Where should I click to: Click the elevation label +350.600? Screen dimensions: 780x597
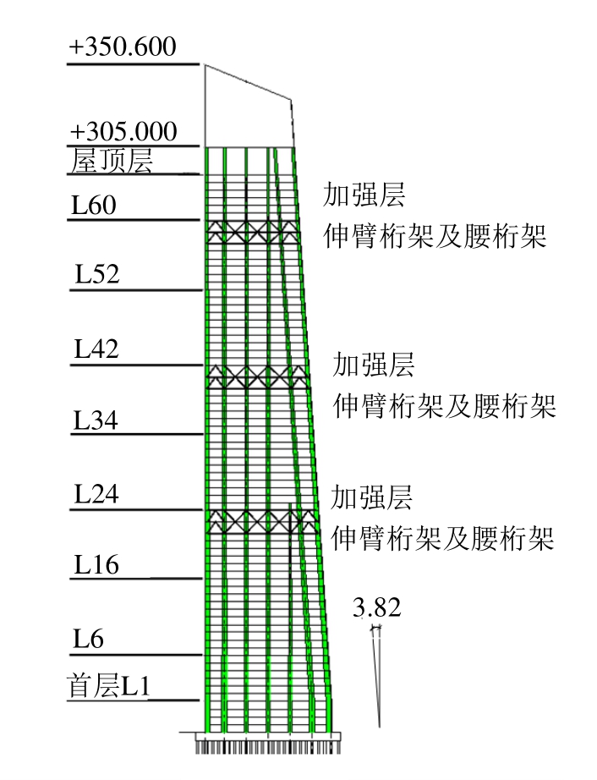pos(123,47)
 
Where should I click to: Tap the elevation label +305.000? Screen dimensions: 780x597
pos(123,133)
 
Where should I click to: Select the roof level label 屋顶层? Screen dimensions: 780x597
pos(112,161)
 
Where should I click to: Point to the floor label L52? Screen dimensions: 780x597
pos(96,275)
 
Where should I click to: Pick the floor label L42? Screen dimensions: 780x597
pos(96,349)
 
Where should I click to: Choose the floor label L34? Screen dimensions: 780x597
pos(96,420)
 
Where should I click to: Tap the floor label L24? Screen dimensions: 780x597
pos(96,495)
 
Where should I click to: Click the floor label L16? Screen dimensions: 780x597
pos(96,564)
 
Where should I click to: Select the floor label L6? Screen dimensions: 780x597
pos(88,639)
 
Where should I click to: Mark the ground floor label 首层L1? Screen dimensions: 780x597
pos(109,686)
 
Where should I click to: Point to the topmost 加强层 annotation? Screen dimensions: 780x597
pos(364,195)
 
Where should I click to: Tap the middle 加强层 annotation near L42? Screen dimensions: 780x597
pos(374,365)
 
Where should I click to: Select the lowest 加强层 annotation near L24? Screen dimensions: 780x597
pos(371,497)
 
